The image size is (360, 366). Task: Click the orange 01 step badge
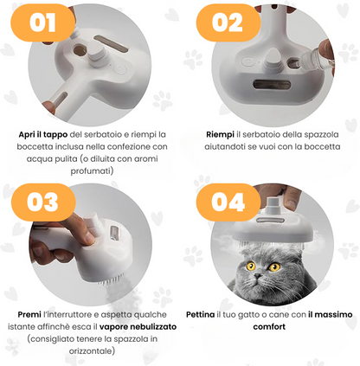click(42, 22)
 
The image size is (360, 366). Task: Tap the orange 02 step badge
click(228, 22)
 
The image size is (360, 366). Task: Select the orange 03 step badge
click(43, 202)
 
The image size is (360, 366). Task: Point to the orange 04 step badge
click(228, 202)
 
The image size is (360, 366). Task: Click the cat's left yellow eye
click(251, 266)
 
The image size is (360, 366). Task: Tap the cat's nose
click(258, 276)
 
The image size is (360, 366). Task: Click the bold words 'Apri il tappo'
click(43, 135)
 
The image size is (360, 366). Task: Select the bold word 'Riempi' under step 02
click(220, 135)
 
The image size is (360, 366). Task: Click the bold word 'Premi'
click(29, 314)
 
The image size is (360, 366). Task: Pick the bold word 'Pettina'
click(200, 314)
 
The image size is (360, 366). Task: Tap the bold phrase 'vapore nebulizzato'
click(138, 327)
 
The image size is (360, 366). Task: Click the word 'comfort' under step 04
click(269, 327)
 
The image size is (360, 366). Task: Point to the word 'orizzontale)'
click(92, 351)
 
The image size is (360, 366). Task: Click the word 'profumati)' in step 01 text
click(92, 171)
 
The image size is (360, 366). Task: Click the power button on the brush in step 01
click(120, 69)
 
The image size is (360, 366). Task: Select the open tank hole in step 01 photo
click(80, 50)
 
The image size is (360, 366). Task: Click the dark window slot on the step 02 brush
click(272, 85)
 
